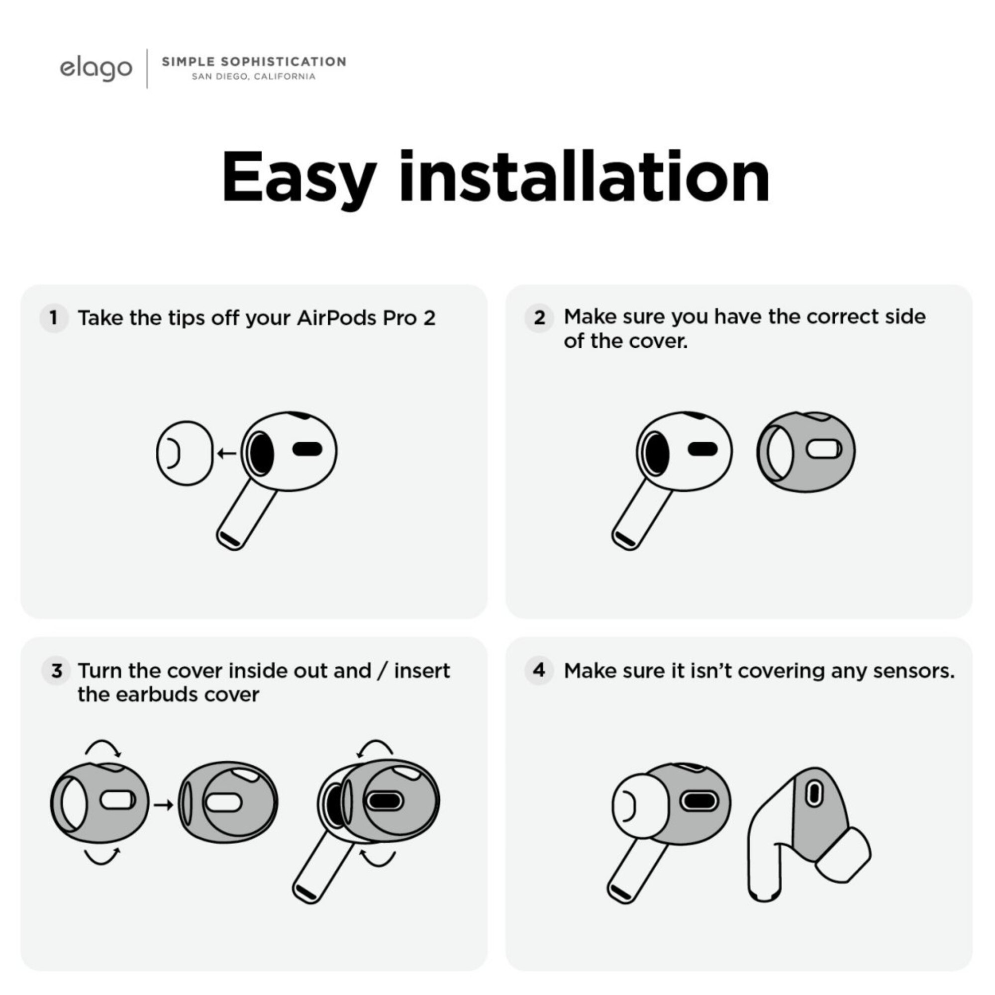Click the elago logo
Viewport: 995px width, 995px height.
point(96,69)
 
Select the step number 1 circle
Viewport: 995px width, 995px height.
point(54,318)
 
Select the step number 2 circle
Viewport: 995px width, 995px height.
point(539,318)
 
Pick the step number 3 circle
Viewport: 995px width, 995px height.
point(56,671)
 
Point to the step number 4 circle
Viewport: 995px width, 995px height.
point(539,670)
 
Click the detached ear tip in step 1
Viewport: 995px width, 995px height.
point(185,453)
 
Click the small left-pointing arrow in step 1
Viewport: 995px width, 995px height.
point(226,453)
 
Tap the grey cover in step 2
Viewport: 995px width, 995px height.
point(806,452)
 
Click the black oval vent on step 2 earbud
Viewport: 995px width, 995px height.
point(703,449)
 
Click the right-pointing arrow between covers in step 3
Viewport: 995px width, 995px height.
point(163,804)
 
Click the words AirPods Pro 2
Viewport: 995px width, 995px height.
point(366,318)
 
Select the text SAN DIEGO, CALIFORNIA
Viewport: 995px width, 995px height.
point(253,77)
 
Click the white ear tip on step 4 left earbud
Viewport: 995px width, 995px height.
point(640,805)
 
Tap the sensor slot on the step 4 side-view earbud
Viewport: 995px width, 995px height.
point(814,793)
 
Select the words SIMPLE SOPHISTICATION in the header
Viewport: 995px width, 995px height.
point(254,62)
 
